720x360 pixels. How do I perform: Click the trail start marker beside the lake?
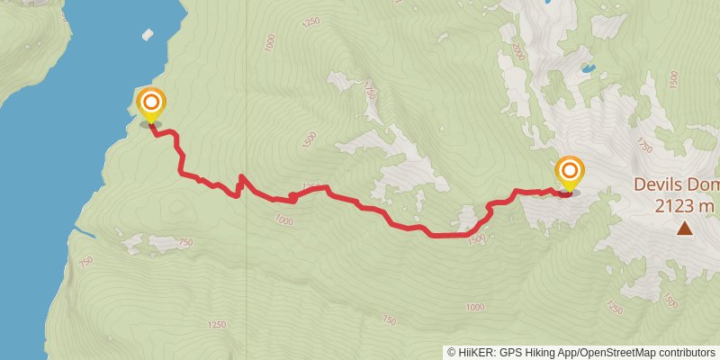tap(150, 103)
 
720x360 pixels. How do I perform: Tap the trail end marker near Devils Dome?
tap(569, 171)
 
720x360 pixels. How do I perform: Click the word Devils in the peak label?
tap(661, 184)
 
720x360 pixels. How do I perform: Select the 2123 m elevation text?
tap(684, 206)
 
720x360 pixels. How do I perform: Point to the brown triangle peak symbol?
tap(685, 229)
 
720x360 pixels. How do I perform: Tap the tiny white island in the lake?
tap(148, 35)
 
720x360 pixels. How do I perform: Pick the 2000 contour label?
tap(517, 52)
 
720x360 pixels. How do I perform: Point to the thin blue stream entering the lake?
tap(83, 232)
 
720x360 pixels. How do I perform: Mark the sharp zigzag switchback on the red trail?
tap(240, 183)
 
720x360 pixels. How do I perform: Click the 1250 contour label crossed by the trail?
tap(311, 186)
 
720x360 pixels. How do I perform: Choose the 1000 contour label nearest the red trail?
tap(284, 220)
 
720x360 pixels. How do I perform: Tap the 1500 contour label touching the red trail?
tap(476, 238)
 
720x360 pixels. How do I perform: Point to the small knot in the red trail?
tap(292, 197)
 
